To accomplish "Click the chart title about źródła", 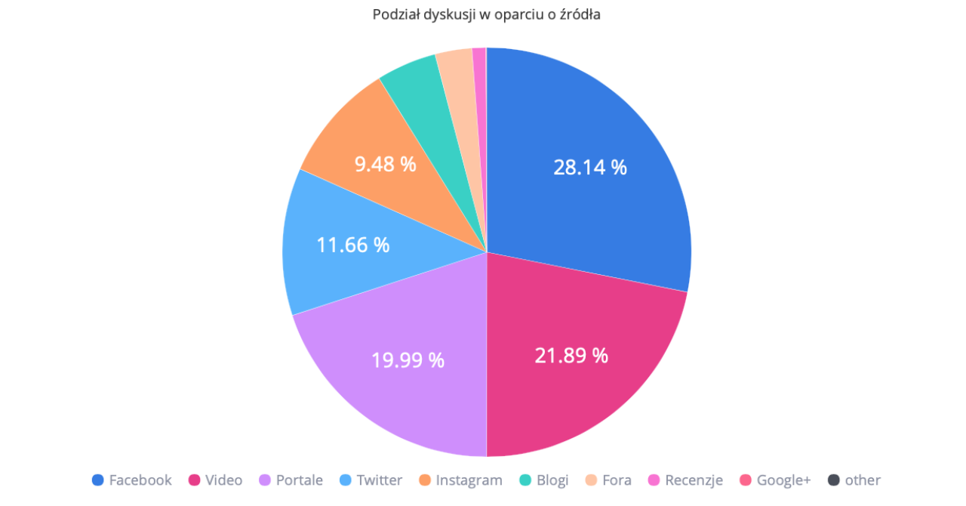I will pyautogui.click(x=486, y=15).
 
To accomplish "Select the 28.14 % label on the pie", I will pyautogui.click(x=590, y=168).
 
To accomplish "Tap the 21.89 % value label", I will pyautogui.click(x=571, y=356).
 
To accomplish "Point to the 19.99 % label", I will pyautogui.click(x=408, y=360).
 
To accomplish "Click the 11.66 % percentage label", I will pyautogui.click(x=353, y=245).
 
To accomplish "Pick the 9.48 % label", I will pyautogui.click(x=385, y=164).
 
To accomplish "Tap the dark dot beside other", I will pyautogui.click(x=833, y=480).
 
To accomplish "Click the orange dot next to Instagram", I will pyautogui.click(x=424, y=480).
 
